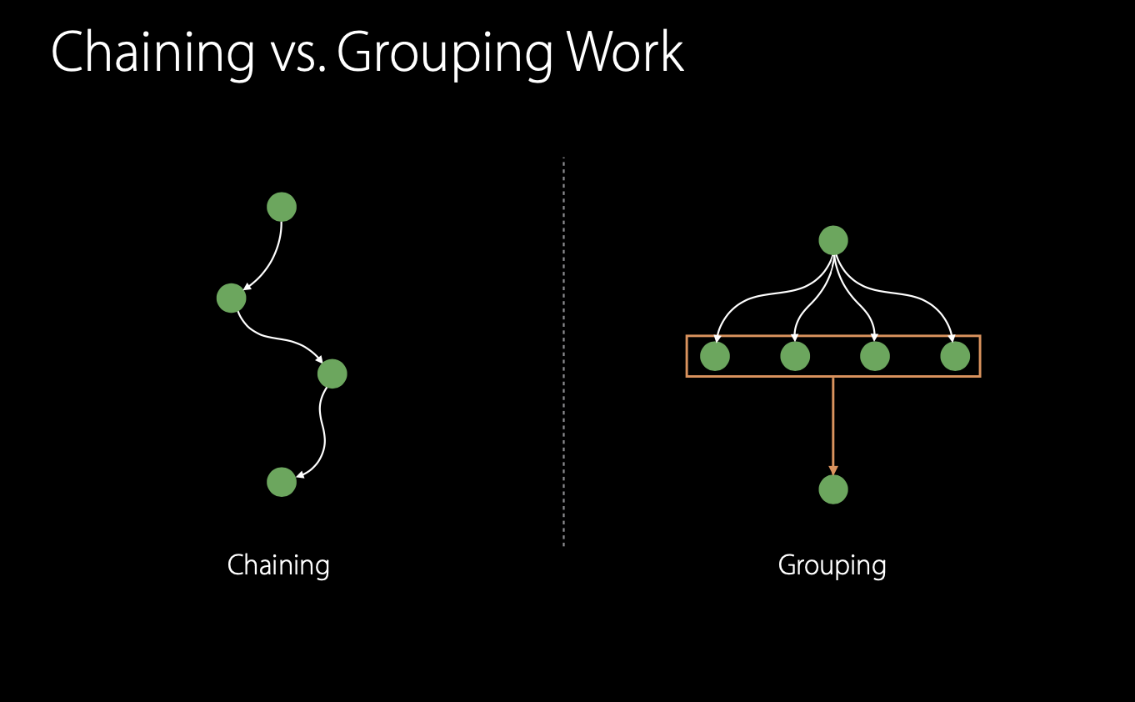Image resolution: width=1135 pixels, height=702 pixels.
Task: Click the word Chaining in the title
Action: point(152,53)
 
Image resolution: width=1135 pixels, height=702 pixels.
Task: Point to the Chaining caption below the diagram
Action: point(278,565)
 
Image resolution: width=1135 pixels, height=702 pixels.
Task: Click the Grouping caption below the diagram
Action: point(832,565)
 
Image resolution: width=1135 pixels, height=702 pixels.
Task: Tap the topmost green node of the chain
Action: point(282,207)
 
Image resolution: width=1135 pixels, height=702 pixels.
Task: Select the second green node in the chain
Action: point(231,298)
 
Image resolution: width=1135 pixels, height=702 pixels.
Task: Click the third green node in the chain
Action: point(332,374)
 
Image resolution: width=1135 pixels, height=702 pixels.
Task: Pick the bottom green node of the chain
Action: point(282,482)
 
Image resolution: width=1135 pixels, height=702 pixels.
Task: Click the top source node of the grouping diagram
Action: point(833,240)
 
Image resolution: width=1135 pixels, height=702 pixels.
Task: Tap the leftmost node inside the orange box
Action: point(715,356)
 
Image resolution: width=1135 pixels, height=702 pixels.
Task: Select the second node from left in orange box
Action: point(795,356)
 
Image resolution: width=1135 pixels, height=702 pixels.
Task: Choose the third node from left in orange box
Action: point(874,356)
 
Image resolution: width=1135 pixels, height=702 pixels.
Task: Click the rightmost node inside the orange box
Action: point(955,356)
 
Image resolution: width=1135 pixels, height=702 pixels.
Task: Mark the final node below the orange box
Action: point(833,489)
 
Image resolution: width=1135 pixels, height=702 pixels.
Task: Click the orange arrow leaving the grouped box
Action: point(833,425)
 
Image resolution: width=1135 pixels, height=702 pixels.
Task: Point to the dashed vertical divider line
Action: point(564,350)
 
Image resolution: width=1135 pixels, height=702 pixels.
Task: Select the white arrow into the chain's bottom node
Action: point(322,434)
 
